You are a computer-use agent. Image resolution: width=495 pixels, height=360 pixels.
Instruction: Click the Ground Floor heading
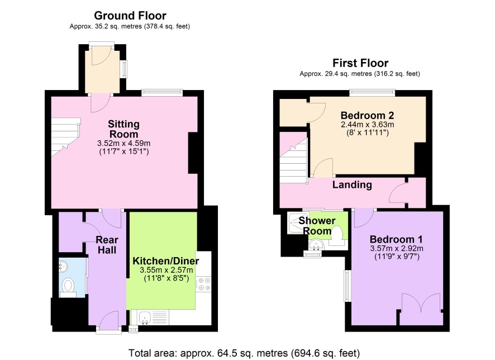130,16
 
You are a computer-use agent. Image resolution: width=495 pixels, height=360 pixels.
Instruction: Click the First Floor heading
360,63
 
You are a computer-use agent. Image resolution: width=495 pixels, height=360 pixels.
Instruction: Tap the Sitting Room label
124,129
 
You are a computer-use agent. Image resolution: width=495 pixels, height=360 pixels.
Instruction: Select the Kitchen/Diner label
166,261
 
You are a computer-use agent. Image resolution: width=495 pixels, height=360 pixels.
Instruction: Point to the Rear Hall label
107,245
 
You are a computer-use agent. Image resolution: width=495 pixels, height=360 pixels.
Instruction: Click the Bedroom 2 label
368,115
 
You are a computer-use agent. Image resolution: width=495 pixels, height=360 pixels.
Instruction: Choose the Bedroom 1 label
396,239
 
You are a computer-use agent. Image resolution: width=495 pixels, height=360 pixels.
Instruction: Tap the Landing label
352,184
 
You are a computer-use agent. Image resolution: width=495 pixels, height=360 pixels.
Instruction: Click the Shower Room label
317,225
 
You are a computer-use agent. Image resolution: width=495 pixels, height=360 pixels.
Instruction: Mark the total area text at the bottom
244,353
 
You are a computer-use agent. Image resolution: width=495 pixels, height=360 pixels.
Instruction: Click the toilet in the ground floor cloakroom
68,286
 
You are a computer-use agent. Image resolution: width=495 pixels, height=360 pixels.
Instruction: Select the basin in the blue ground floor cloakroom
63,266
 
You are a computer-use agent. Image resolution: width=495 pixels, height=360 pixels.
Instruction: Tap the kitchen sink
145,317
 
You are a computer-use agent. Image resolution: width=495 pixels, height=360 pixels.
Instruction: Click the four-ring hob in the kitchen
203,283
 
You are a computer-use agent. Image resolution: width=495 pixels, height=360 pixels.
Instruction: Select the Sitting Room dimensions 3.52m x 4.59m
124,143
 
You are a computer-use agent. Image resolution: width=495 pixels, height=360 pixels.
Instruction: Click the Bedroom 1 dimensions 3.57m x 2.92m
397,248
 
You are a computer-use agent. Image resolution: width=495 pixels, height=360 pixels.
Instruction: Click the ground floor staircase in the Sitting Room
65,137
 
